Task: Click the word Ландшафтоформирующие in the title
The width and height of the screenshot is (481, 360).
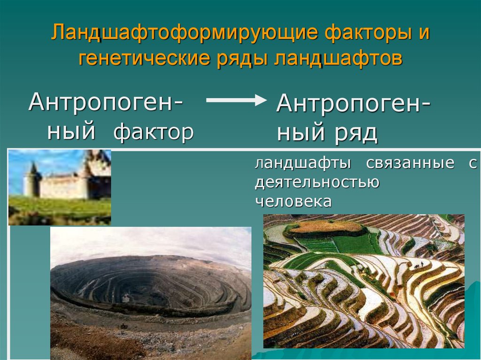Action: click(184, 33)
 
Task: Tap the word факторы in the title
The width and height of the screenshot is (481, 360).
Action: click(368, 33)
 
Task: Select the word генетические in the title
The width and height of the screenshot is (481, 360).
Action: click(144, 58)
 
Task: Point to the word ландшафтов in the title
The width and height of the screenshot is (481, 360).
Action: click(338, 58)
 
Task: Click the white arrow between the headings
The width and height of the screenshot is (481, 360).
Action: click(236, 100)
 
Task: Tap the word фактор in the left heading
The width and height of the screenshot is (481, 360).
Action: click(154, 132)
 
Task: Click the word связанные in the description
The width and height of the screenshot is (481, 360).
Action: click(410, 163)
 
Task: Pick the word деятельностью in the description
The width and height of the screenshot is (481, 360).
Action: click(317, 182)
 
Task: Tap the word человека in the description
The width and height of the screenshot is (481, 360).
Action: click(293, 202)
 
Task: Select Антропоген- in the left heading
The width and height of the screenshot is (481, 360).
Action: click(106, 102)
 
